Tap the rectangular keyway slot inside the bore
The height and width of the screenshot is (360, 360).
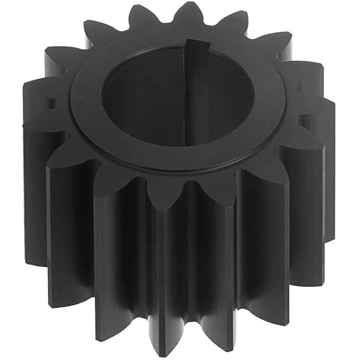tap(193, 96)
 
